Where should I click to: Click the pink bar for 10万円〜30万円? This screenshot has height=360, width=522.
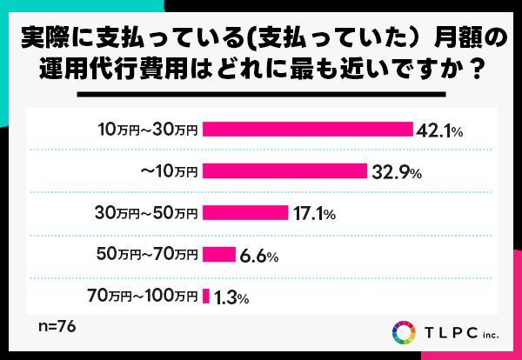coord(307,130)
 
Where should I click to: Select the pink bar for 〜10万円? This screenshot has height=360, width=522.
coord(284,171)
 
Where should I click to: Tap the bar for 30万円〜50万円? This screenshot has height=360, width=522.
coord(244,213)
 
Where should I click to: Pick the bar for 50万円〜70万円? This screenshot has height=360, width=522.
coord(218,255)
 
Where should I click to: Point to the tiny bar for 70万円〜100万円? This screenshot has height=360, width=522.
coord(206,297)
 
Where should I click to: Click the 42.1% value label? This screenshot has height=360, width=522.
coord(438,130)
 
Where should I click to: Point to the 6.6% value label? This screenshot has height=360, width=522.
coord(259,256)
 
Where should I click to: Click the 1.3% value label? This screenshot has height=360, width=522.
coord(231,297)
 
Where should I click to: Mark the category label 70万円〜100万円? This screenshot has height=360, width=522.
coord(143,297)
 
